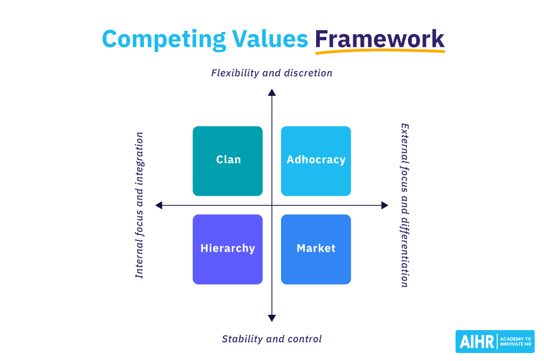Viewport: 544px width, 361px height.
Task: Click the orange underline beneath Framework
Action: (x=379, y=52)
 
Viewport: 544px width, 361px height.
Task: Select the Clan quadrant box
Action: (x=227, y=161)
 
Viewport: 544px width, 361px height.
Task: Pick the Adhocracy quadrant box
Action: (x=316, y=161)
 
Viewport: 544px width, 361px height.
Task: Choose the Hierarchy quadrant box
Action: (x=227, y=249)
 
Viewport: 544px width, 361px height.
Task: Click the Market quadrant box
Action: (x=316, y=249)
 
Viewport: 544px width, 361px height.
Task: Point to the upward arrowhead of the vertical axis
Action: (x=272, y=93)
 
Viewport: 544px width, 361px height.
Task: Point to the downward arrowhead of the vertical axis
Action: (x=272, y=317)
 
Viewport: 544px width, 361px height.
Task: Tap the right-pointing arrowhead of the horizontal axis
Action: (x=385, y=205)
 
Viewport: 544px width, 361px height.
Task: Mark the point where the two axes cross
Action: (x=272, y=205)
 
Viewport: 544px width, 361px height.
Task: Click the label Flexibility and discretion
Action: (x=271, y=73)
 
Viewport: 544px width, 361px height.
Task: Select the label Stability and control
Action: (x=271, y=339)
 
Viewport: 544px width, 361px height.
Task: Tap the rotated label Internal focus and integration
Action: (x=139, y=205)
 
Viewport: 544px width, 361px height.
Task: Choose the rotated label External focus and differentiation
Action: (x=405, y=205)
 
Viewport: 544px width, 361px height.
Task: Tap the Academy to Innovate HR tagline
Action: (x=515, y=342)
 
